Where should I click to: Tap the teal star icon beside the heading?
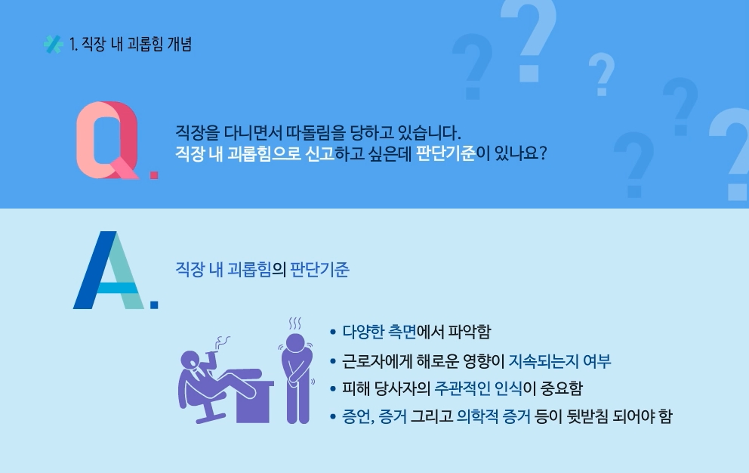click(53, 44)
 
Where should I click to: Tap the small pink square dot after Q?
click(154, 175)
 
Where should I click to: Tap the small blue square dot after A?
click(154, 305)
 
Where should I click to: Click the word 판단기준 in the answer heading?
click(319, 269)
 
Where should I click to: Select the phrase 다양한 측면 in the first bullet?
click(379, 332)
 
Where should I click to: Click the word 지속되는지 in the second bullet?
click(543, 360)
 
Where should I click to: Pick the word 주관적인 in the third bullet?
click(462, 388)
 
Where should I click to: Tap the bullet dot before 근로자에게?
click(333, 361)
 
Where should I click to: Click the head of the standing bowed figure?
click(295, 343)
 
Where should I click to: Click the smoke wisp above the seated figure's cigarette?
click(222, 342)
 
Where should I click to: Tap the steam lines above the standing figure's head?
click(294, 323)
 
